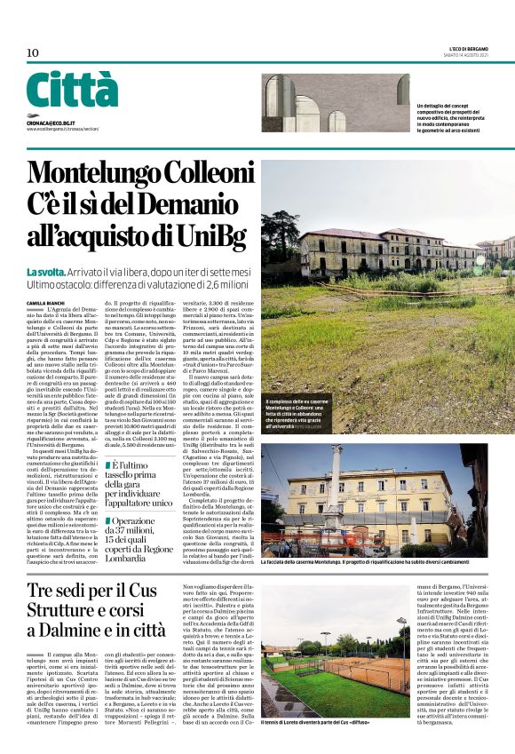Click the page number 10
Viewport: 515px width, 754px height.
click(x=33, y=53)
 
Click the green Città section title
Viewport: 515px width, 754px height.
click(x=72, y=91)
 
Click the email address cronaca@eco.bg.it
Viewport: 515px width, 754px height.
click(x=51, y=122)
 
